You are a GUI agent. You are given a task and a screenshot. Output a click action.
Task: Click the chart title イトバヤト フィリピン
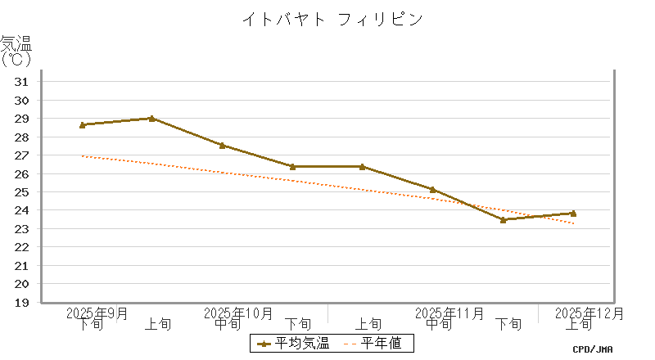point(332,19)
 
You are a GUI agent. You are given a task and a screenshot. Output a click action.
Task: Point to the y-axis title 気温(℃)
point(16,51)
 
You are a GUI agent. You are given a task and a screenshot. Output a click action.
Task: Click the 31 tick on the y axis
point(22,82)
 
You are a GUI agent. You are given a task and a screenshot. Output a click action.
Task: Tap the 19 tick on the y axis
point(22,302)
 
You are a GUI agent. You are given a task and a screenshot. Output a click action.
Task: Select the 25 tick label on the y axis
point(22,192)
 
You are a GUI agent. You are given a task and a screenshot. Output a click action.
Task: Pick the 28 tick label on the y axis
point(22,137)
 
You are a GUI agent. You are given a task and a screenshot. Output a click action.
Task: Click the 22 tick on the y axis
point(22,247)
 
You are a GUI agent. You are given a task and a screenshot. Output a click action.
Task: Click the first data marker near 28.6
point(83,125)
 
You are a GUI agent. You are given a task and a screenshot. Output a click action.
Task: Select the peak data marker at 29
point(152,119)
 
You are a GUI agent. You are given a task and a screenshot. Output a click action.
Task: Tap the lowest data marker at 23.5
point(503,219)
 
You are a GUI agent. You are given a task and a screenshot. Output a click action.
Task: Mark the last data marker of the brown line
point(573,214)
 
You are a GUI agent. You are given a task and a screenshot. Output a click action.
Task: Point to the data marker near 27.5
point(222,146)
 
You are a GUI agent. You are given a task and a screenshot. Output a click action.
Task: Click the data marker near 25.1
point(432,190)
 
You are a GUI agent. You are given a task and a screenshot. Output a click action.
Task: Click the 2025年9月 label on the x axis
point(97,313)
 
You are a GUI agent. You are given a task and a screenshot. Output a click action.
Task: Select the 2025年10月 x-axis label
point(237,313)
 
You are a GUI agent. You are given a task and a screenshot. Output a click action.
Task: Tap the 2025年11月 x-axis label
point(449,313)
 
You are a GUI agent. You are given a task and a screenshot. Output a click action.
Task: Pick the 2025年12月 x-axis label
point(589,313)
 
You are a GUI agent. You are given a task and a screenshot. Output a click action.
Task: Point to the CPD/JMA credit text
point(593,349)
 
